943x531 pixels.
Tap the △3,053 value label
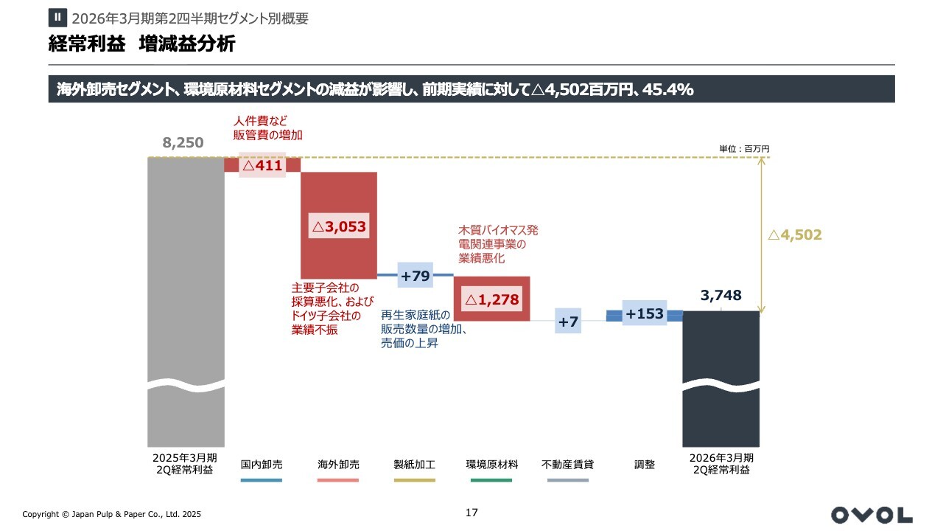pos(339,227)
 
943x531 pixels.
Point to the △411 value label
pos(262,166)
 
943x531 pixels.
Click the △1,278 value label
pos(491,299)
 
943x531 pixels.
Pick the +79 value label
pos(415,276)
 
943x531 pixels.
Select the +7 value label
pos(568,322)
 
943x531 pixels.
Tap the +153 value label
pos(644,313)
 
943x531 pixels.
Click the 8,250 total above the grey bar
pos(183,143)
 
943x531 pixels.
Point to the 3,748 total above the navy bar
pos(721,296)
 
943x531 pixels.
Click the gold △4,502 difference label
pos(794,235)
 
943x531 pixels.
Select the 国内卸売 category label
pos(262,465)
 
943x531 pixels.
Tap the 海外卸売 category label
pos(338,465)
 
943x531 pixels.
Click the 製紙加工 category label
pos(415,465)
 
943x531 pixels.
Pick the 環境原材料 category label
pos(492,465)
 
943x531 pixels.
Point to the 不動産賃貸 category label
pos(568,465)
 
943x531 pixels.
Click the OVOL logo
pos(871,514)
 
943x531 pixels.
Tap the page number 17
pos(472,513)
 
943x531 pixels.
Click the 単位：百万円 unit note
pos(744,149)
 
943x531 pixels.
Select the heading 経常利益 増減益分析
pos(141,44)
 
